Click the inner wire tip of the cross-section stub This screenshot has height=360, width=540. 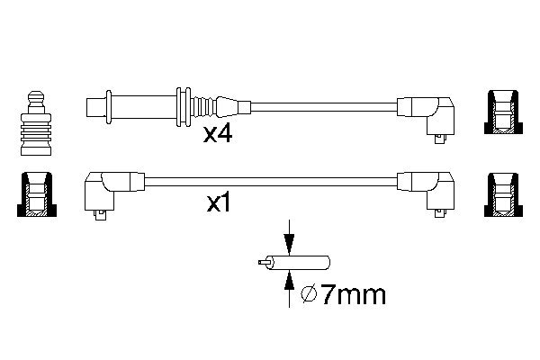click(x=261, y=264)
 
